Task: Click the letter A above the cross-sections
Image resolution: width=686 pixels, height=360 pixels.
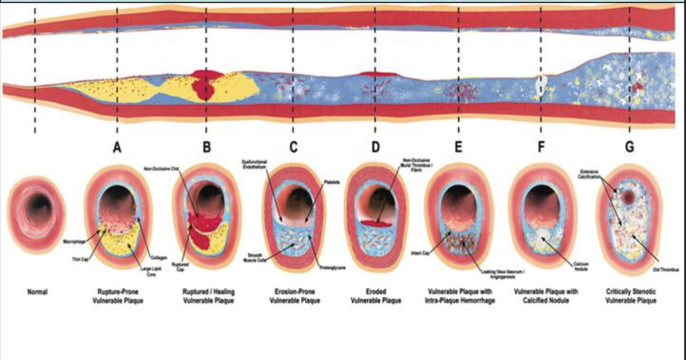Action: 117,147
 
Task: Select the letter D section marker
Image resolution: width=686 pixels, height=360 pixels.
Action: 375,147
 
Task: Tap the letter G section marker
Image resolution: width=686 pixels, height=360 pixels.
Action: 629,147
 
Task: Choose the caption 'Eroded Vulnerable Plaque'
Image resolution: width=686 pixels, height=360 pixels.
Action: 374,296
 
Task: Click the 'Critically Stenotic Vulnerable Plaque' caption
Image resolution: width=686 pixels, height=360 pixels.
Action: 630,296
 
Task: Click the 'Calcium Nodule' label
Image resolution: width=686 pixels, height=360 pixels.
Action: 581,265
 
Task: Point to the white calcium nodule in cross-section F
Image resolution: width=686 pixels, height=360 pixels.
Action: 539,233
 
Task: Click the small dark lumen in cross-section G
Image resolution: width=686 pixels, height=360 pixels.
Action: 628,198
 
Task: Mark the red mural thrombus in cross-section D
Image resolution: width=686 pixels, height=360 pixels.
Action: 374,223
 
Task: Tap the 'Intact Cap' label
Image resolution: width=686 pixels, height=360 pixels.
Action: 420,253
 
